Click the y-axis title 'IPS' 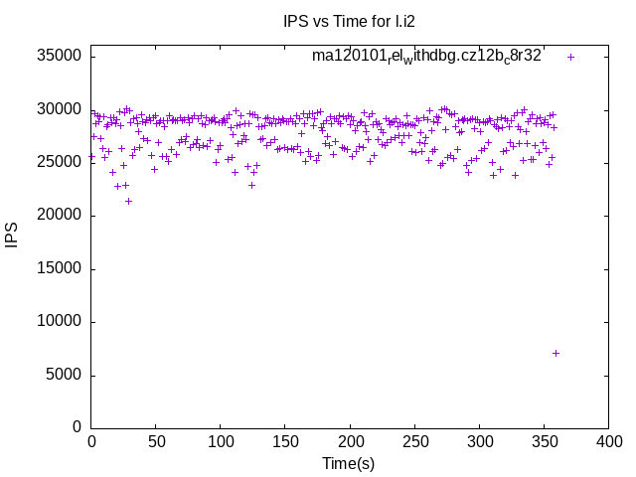click(x=12, y=236)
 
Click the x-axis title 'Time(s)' click(x=349, y=463)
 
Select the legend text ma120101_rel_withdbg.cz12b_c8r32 click(x=426, y=56)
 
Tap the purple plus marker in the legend click(x=570, y=57)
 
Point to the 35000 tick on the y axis click(x=59, y=56)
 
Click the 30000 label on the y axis click(x=59, y=109)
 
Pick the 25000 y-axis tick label click(x=59, y=162)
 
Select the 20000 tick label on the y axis click(x=59, y=216)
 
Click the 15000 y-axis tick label click(x=59, y=268)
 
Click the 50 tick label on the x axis click(x=156, y=440)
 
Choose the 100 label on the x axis click(x=221, y=440)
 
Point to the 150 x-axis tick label click(x=285, y=440)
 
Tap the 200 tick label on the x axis click(x=350, y=440)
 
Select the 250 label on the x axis click(x=414, y=440)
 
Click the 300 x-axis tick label click(x=479, y=440)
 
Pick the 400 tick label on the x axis click(x=608, y=440)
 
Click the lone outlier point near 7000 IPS click(x=556, y=353)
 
